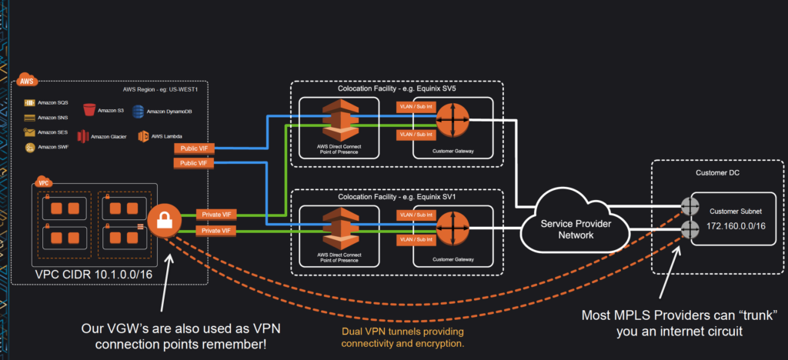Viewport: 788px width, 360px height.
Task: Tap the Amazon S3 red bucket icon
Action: (x=90, y=112)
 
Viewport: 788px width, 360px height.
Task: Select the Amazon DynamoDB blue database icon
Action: (x=139, y=112)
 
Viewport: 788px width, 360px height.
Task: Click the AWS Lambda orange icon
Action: (x=143, y=137)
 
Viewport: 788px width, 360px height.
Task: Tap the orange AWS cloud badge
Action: (x=27, y=81)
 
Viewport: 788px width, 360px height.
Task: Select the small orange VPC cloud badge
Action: (x=43, y=185)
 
